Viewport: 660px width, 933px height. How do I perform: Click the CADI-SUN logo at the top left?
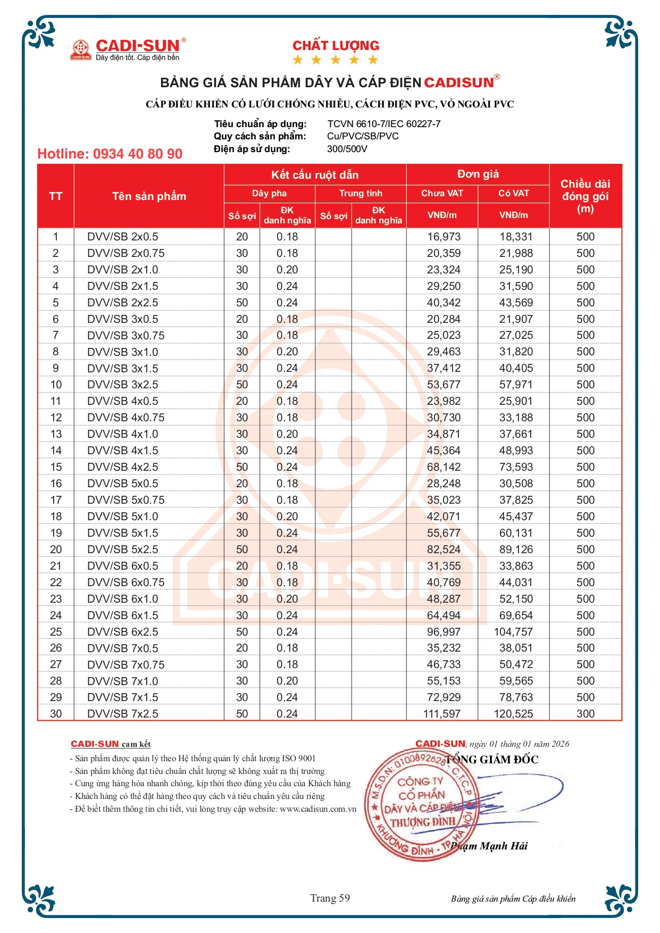(x=128, y=49)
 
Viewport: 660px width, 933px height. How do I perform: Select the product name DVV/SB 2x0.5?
(x=123, y=237)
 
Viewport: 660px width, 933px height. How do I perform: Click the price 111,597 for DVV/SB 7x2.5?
(x=442, y=714)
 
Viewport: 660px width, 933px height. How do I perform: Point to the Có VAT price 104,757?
(x=513, y=632)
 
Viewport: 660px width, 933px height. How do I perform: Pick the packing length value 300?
(x=586, y=714)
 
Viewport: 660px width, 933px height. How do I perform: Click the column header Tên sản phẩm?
(x=149, y=196)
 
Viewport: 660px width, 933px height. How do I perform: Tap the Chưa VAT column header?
(x=442, y=193)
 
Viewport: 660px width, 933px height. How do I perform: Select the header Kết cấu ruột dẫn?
(x=315, y=175)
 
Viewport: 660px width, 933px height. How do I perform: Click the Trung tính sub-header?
(x=361, y=193)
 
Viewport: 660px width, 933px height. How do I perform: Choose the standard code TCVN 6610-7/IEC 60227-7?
(x=384, y=124)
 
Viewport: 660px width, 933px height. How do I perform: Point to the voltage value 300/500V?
(x=347, y=149)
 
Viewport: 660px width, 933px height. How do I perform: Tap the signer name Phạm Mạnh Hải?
(x=489, y=846)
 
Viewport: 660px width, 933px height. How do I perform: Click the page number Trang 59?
(x=330, y=898)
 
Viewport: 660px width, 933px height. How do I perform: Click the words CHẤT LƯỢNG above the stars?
(x=336, y=46)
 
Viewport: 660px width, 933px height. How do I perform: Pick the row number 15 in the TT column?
(x=56, y=467)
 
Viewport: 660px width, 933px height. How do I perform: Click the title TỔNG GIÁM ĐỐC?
(x=492, y=760)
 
